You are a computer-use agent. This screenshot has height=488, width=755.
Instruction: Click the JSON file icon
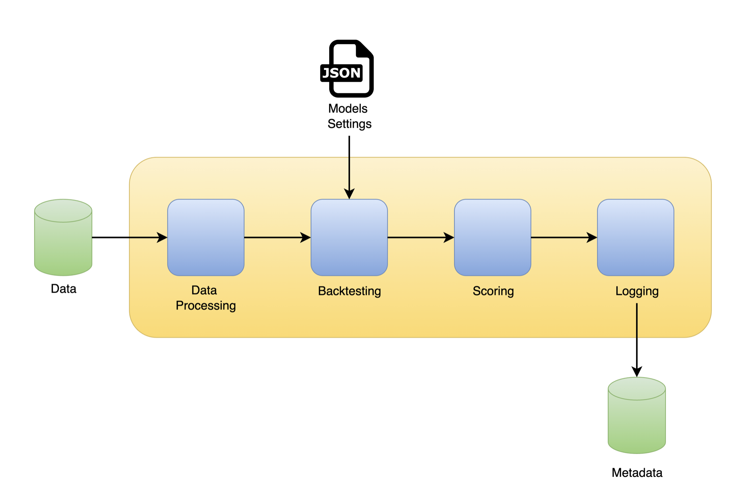pos(347,68)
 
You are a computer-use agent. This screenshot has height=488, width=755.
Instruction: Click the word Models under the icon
pos(348,109)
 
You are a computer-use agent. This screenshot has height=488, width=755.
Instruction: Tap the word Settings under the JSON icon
pos(349,124)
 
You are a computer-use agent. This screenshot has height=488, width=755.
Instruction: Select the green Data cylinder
pos(63,237)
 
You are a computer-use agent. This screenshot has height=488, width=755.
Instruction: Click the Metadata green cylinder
pos(636,415)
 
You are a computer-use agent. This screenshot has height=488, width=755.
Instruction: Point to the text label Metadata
pos(637,473)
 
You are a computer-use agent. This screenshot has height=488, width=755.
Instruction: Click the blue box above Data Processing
pos(206,237)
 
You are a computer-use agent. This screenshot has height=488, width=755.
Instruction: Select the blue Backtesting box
pos(349,237)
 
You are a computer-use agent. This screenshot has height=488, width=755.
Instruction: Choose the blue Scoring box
pos(492,237)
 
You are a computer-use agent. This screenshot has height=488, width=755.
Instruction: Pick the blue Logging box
pos(635,237)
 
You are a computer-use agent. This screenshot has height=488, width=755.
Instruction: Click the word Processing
pos(206,306)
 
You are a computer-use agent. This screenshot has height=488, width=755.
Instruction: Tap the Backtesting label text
pos(349,291)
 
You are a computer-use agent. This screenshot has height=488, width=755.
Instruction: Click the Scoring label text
pos(493,291)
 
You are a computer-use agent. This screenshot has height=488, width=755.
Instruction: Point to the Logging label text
pos(637,291)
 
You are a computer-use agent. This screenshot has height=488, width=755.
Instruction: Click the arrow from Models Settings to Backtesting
pos(349,167)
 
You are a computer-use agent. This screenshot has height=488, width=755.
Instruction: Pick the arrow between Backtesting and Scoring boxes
pos(421,237)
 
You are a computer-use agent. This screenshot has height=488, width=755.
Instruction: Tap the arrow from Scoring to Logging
pos(564,237)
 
